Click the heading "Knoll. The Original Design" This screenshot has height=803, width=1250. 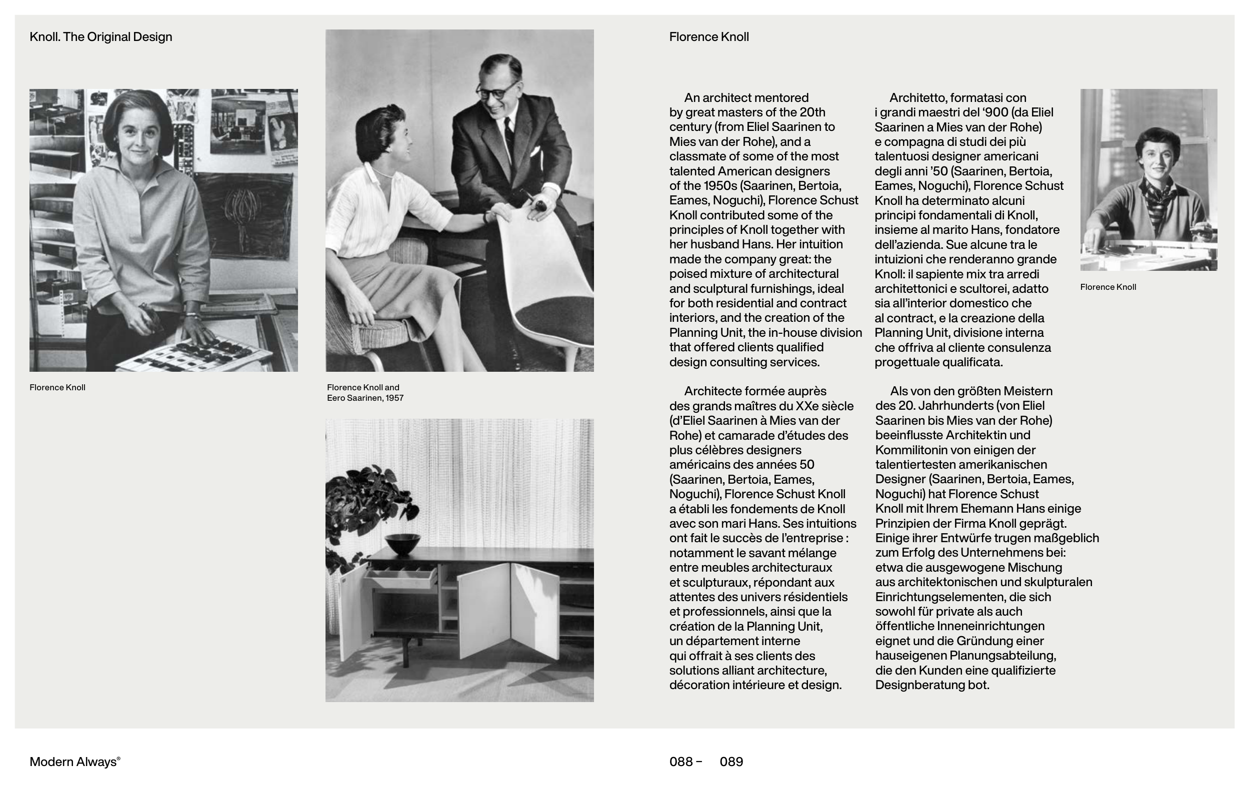(x=100, y=37)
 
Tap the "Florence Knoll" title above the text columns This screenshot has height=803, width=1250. (x=708, y=37)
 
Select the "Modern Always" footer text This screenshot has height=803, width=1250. (x=74, y=762)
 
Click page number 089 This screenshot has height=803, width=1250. (x=731, y=762)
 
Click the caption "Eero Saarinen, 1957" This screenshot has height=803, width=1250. (x=364, y=398)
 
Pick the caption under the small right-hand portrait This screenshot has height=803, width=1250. (x=1107, y=287)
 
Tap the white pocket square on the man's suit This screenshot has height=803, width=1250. (x=533, y=152)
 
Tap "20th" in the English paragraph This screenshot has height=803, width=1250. (x=812, y=112)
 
